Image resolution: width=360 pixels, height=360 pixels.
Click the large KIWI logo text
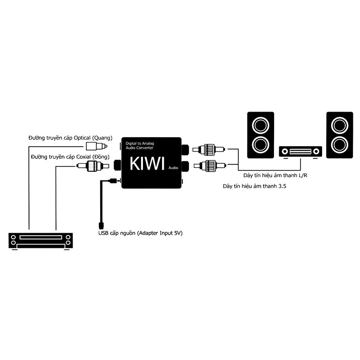pos(147,163)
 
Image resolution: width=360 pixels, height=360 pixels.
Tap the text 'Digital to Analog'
pos(140,143)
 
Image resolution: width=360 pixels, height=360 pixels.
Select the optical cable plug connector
pos(96,146)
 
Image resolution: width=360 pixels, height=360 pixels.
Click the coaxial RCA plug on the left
pos(93,166)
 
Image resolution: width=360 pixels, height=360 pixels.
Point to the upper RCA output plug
pos(209,150)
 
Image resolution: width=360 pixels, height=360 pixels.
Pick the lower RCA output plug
pos(210,166)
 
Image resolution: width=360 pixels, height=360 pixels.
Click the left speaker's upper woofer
pos(261,125)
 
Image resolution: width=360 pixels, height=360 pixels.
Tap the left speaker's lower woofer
pos(261,145)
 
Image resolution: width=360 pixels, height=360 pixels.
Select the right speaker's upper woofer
pos(340,125)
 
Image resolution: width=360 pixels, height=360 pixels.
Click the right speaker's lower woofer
pos(340,145)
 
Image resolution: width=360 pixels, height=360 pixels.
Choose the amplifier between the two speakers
pos(301,152)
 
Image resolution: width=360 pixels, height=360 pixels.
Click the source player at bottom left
pos(41,241)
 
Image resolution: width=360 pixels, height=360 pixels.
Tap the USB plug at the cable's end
pos(101,225)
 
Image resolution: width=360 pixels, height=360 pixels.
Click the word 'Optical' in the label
pos(82,138)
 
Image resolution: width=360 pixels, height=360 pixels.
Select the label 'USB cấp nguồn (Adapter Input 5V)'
pos(141,233)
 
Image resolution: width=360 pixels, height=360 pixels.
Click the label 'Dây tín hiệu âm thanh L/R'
pos(275,175)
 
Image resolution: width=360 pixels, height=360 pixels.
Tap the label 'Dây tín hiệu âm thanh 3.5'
pos(255,186)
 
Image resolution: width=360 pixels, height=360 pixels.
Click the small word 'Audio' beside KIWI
pos(173,168)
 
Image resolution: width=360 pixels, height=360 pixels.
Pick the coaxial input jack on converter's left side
pos(117,165)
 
